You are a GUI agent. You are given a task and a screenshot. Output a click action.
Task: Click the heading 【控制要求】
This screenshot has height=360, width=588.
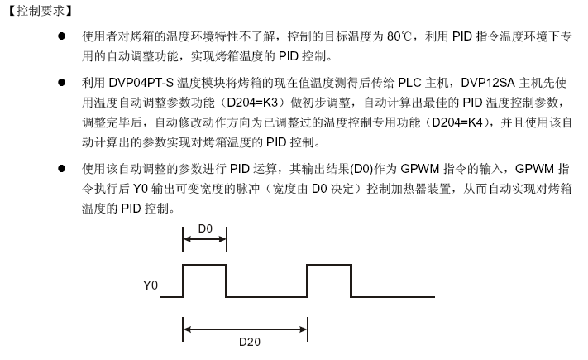coord(41,11)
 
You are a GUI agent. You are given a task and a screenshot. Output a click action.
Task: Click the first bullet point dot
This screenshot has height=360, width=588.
coord(61,36)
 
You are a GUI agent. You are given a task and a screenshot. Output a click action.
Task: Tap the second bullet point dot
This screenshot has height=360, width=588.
coord(61,82)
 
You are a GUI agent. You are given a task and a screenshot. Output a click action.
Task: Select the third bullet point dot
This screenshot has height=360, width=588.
coord(61,169)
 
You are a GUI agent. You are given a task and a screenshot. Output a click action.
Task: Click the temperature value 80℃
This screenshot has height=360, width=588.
coord(399,36)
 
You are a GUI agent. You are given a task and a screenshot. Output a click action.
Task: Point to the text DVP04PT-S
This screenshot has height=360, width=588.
coord(141,83)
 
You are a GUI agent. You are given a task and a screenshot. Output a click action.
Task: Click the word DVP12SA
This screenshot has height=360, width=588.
coord(487,83)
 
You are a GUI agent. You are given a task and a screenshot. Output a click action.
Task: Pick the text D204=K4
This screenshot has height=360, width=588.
coord(457,122)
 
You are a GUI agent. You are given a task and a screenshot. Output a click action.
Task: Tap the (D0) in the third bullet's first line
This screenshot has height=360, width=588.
coord(361,169)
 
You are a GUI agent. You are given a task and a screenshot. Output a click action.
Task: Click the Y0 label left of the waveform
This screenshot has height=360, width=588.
coord(151,286)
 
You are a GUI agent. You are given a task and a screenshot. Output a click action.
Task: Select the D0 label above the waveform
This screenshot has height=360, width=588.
coord(205,228)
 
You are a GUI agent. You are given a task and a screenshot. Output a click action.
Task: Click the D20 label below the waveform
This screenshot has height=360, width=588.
coord(250,342)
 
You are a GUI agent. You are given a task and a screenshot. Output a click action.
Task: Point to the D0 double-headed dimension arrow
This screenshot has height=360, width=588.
coord(205,239)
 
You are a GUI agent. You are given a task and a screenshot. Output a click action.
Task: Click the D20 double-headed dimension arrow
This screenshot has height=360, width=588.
coord(246,329)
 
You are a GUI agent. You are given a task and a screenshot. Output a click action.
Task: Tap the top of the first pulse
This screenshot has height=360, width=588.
coord(205,266)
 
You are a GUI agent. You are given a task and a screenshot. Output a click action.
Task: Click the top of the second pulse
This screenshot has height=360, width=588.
coord(329,266)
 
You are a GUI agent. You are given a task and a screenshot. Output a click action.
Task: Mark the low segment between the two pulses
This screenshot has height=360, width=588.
coord(266,297)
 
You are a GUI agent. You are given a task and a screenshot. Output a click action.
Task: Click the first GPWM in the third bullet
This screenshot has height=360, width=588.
coord(419,169)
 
